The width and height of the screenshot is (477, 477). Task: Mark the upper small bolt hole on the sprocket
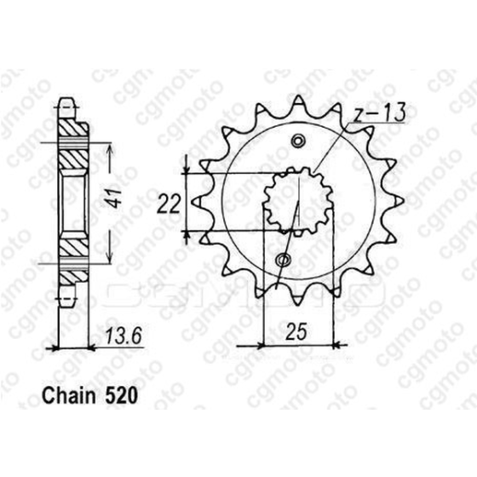[x=297, y=141]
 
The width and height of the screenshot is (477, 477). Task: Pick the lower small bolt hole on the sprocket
[x=284, y=259]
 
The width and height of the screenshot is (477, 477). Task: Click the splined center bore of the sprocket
[x=290, y=200]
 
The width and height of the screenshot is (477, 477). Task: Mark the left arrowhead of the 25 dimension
[x=240, y=345]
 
